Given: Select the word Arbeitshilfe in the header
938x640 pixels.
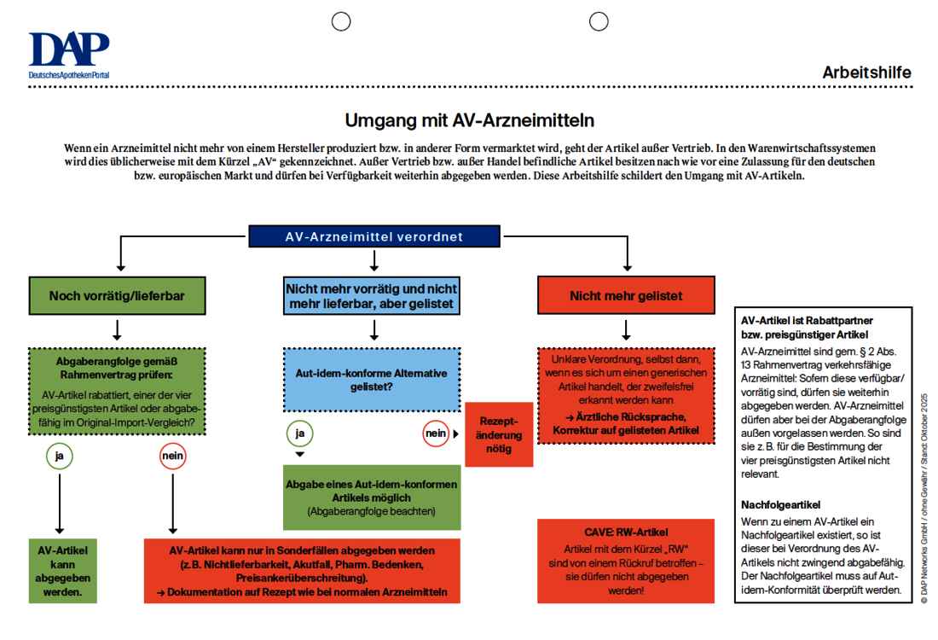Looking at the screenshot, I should [x=866, y=73].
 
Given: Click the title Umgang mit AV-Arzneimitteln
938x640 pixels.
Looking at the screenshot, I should [x=469, y=119].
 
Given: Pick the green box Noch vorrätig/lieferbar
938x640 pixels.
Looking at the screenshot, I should [x=117, y=296].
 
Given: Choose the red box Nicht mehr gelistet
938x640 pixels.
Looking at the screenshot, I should [x=626, y=296].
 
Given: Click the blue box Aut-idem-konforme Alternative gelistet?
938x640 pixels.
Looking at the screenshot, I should [x=371, y=379].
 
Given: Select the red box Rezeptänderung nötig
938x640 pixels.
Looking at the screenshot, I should [x=499, y=435].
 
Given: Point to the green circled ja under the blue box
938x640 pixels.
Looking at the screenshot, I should [x=299, y=434].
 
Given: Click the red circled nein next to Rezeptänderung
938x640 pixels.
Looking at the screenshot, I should [x=436, y=434].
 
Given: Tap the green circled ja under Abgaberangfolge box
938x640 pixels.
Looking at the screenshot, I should [x=59, y=457].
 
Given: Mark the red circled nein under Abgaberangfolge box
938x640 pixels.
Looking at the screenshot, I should [x=173, y=457].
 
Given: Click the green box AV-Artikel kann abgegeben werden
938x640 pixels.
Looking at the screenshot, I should [x=59, y=569].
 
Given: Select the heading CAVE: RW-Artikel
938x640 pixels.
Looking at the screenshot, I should [x=626, y=532].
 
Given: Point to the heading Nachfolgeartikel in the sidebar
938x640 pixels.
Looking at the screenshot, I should [x=780, y=505].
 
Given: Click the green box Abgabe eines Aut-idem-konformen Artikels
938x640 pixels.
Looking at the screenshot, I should [x=371, y=497].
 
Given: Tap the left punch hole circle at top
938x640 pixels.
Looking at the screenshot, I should [x=341, y=21].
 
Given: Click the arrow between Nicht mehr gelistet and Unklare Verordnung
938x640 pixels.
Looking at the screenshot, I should [x=626, y=329].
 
